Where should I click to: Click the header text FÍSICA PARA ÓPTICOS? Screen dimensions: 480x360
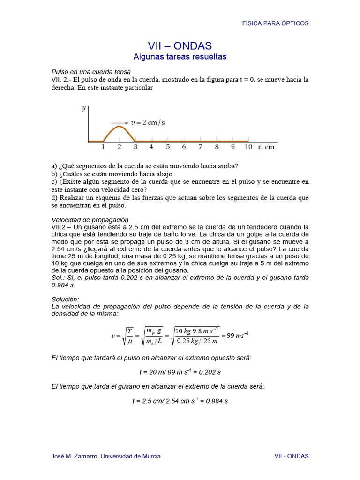point(275,23)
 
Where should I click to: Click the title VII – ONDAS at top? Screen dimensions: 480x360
point(180,46)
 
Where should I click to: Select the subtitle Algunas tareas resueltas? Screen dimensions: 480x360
point(180,57)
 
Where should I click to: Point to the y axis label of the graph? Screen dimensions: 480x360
point(84,108)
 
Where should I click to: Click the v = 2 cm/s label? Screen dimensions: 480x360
point(148,122)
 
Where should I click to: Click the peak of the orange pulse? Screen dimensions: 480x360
point(119,126)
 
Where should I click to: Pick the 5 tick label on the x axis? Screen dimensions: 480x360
point(168,147)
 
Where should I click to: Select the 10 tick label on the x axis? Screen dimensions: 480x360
point(248,147)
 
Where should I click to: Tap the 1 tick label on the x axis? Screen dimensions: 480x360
point(103,147)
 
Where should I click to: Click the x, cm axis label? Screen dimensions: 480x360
point(266,147)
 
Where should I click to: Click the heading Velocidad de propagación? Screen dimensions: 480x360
point(90,220)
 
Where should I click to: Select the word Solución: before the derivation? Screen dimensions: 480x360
point(65,299)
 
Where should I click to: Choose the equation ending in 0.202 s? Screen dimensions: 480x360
point(180,372)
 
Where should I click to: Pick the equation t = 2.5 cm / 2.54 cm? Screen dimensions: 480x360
point(180,401)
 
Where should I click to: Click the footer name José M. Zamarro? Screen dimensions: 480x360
point(105,456)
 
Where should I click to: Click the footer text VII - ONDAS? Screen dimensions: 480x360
point(291,456)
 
